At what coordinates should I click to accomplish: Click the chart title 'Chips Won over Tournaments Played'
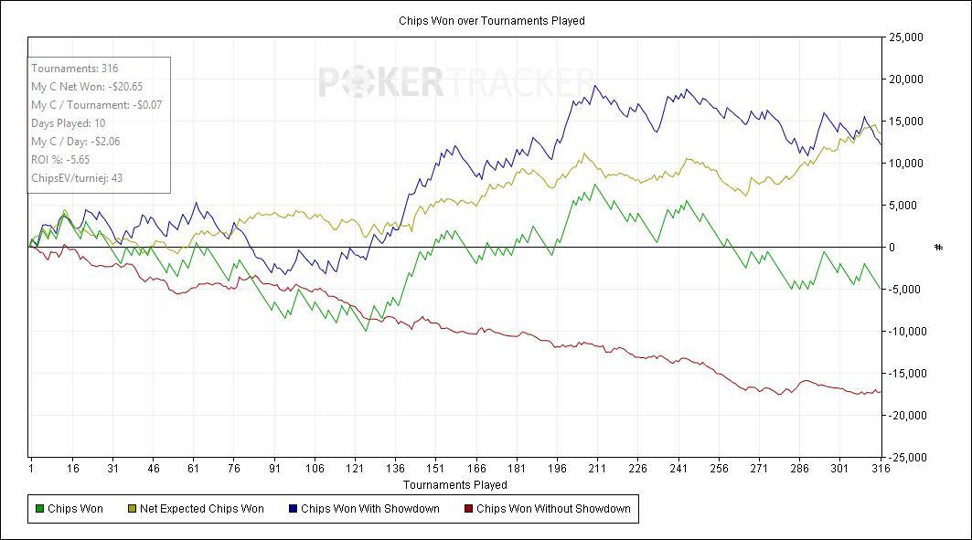pyautogui.click(x=492, y=20)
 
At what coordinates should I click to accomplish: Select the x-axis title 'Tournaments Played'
pyautogui.click(x=455, y=484)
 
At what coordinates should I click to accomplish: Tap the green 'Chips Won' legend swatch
pyautogui.click(x=39, y=509)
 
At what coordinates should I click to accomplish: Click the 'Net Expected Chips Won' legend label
pyautogui.click(x=201, y=508)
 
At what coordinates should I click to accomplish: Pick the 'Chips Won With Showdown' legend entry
pyautogui.click(x=365, y=508)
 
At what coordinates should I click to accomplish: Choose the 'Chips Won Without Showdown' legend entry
pyautogui.click(x=548, y=508)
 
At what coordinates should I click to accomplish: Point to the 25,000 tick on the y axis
pyautogui.click(x=905, y=37)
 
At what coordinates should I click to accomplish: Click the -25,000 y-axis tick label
pyautogui.click(x=904, y=458)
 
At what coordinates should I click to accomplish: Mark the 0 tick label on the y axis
pyautogui.click(x=892, y=248)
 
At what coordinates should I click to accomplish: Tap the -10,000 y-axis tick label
pyautogui.click(x=904, y=332)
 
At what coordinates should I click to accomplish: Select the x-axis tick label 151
pyautogui.click(x=435, y=468)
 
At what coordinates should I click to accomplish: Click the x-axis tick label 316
pyautogui.click(x=881, y=468)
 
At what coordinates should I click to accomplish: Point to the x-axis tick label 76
pyautogui.click(x=234, y=468)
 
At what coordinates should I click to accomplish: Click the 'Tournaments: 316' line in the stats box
pyautogui.click(x=74, y=69)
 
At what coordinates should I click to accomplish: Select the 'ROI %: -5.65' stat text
pyautogui.click(x=60, y=160)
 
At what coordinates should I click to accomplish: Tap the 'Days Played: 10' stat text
pyautogui.click(x=69, y=123)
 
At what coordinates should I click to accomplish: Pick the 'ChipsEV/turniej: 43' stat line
pyautogui.click(x=77, y=178)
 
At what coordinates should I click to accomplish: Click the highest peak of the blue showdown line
pyautogui.click(x=595, y=86)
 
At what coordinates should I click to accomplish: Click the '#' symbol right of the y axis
pyautogui.click(x=938, y=248)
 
